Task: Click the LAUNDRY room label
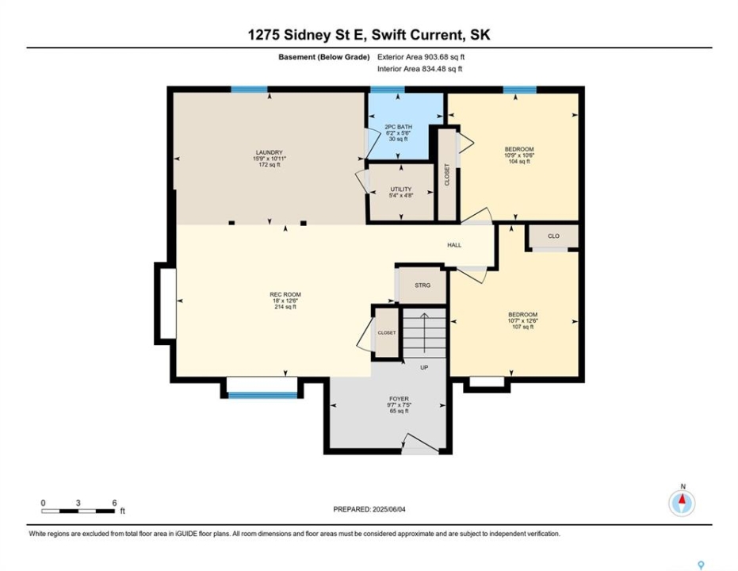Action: [x=270, y=152]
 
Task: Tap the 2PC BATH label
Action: [x=398, y=127]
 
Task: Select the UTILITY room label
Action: [x=401, y=190]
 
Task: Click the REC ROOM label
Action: [x=285, y=295]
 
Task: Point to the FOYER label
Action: [x=400, y=399]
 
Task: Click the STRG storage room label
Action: [x=423, y=285]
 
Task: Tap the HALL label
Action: [x=454, y=245]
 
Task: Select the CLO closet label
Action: [x=553, y=236]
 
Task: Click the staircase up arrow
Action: [x=425, y=332]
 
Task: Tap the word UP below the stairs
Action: [x=424, y=368]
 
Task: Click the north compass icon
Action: [x=682, y=503]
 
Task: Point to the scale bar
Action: [x=78, y=511]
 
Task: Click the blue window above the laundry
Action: [x=249, y=90]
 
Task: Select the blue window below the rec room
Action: [x=262, y=396]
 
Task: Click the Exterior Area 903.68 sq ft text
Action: [x=421, y=57]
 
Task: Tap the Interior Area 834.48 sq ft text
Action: [x=420, y=69]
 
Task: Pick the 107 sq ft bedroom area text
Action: [x=522, y=327]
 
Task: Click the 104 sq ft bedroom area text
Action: [x=519, y=162]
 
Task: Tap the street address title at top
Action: [x=369, y=35]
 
